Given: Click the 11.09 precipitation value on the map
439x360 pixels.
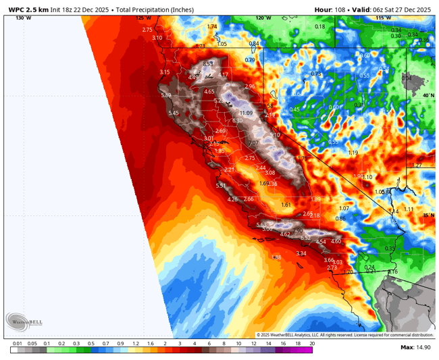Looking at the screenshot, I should click(x=246, y=113).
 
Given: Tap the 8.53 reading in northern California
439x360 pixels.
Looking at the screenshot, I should click(x=208, y=63).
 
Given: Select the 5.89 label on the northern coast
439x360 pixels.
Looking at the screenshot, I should click(x=166, y=95).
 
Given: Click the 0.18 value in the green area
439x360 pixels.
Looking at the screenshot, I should click(x=320, y=26).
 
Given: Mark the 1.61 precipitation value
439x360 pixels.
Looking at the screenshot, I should click(x=286, y=205).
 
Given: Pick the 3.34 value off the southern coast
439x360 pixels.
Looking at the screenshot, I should click(x=301, y=253).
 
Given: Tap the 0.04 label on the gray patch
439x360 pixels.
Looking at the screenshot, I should click(x=406, y=78).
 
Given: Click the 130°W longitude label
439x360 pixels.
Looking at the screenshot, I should click(x=23, y=18).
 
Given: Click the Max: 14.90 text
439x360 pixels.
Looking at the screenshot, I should click(x=416, y=347).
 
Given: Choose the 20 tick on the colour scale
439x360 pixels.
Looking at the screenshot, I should click(x=311, y=343).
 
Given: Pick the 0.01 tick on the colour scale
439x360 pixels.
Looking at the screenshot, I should click(x=16, y=343).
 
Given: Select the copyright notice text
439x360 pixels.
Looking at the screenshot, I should click(x=344, y=334).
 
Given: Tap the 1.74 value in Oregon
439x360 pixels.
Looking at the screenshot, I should click(x=212, y=26).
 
